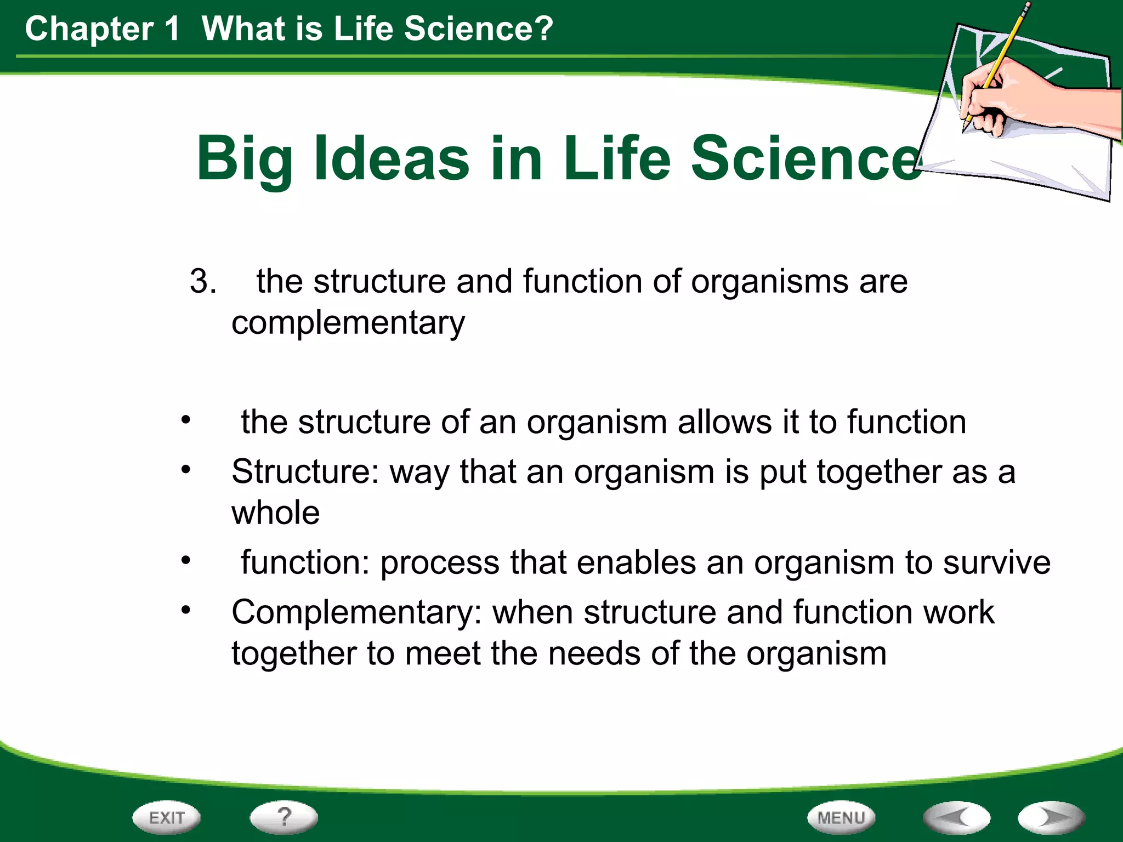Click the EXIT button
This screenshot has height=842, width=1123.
click(x=166, y=818)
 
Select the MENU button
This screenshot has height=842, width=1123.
click(x=841, y=818)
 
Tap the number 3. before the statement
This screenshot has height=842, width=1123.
click(x=202, y=282)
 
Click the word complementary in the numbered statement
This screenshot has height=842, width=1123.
click(x=348, y=323)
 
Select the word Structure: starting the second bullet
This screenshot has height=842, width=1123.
click(x=305, y=471)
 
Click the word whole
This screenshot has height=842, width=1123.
click(x=275, y=513)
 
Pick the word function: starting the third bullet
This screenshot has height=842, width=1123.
click(x=305, y=563)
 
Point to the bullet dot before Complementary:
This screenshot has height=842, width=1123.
click(x=186, y=610)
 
